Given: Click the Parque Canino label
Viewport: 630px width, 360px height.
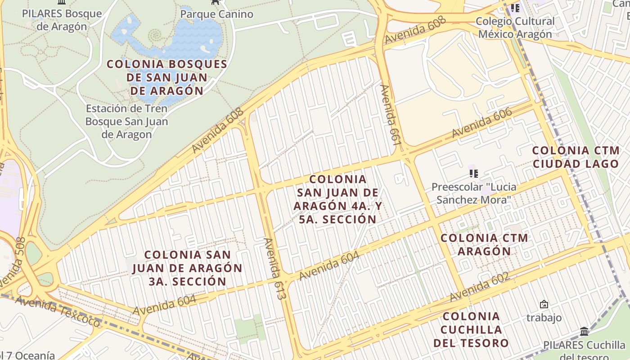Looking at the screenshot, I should tap(216, 14).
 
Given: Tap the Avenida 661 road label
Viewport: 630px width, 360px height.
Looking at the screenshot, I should tap(390, 115).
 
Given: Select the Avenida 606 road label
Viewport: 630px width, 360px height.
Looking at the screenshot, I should tap(482, 123).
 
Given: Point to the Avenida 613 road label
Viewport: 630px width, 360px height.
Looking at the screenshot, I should tap(274, 269).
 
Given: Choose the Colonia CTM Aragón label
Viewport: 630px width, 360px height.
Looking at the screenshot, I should tap(484, 244).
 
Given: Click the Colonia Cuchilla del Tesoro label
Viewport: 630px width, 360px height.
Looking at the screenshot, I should tap(471, 329).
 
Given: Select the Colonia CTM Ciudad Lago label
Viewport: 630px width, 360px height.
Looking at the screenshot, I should tap(576, 157).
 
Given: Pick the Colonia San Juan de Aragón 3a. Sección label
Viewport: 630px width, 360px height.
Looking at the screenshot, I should tap(187, 268).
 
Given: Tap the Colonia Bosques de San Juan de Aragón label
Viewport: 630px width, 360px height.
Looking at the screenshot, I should tap(167, 77).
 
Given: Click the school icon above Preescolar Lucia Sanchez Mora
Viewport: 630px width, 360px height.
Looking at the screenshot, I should tap(473, 173).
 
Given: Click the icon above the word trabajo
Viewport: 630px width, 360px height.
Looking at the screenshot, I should tap(544, 305).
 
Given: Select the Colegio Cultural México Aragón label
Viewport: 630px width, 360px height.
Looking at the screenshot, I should tap(515, 27).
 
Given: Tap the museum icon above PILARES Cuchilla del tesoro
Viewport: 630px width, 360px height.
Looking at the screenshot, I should tap(584, 332).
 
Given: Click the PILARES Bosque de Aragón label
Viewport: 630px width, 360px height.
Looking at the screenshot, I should tap(62, 19).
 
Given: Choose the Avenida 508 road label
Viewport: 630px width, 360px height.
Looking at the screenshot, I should tap(12, 265).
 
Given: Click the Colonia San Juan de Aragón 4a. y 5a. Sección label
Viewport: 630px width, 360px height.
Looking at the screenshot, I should tap(337, 199).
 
